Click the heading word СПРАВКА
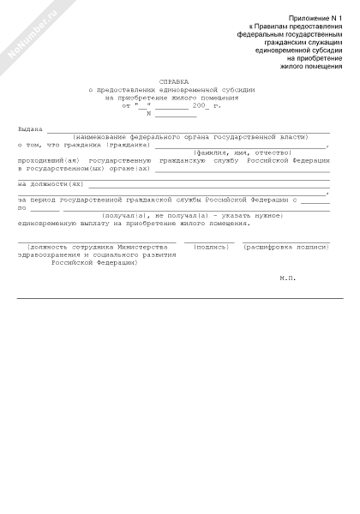point(175,83)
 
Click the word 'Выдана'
point(31,129)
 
